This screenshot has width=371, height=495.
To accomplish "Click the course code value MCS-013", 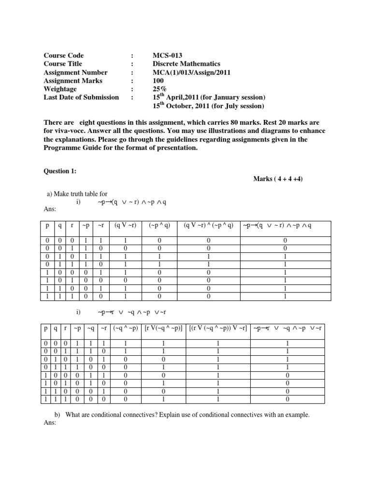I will [x=167, y=56].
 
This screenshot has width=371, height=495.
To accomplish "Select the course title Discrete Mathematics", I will [x=186, y=64].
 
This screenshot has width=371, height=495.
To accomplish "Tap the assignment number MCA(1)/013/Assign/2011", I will [x=191, y=72].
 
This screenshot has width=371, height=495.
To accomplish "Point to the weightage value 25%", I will [x=159, y=89].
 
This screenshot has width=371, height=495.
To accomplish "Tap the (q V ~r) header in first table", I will [x=125, y=225].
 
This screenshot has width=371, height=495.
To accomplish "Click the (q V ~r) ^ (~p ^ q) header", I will [x=208, y=225].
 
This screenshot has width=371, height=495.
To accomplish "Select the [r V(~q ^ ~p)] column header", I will [x=163, y=329].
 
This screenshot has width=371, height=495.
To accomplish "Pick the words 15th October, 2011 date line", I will [x=208, y=106].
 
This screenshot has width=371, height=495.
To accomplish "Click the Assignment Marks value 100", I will [x=158, y=81].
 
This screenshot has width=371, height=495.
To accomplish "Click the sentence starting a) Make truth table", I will [x=77, y=194].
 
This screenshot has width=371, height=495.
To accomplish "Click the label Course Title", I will [x=63, y=64].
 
